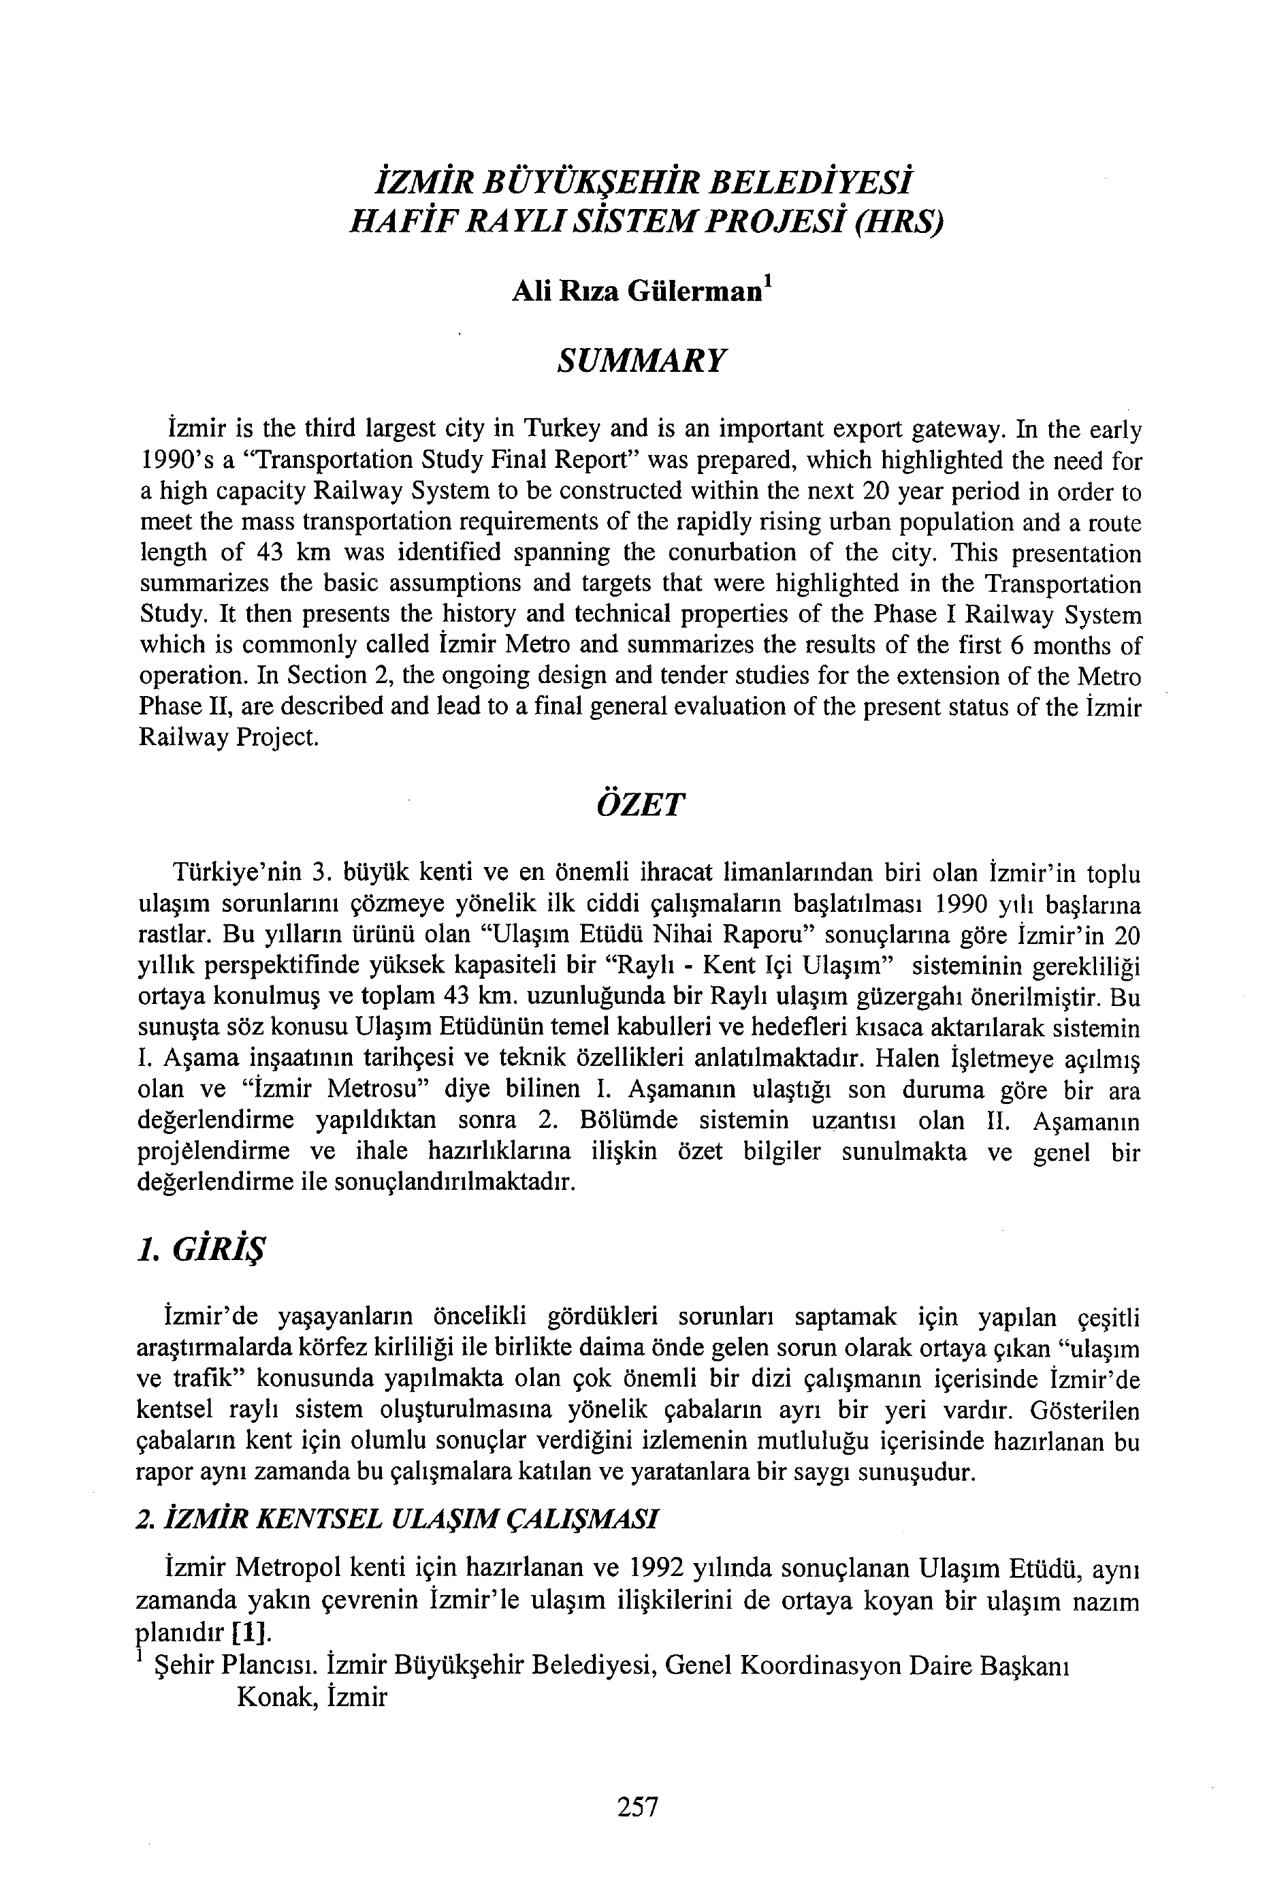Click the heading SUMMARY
pos(641,360)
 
